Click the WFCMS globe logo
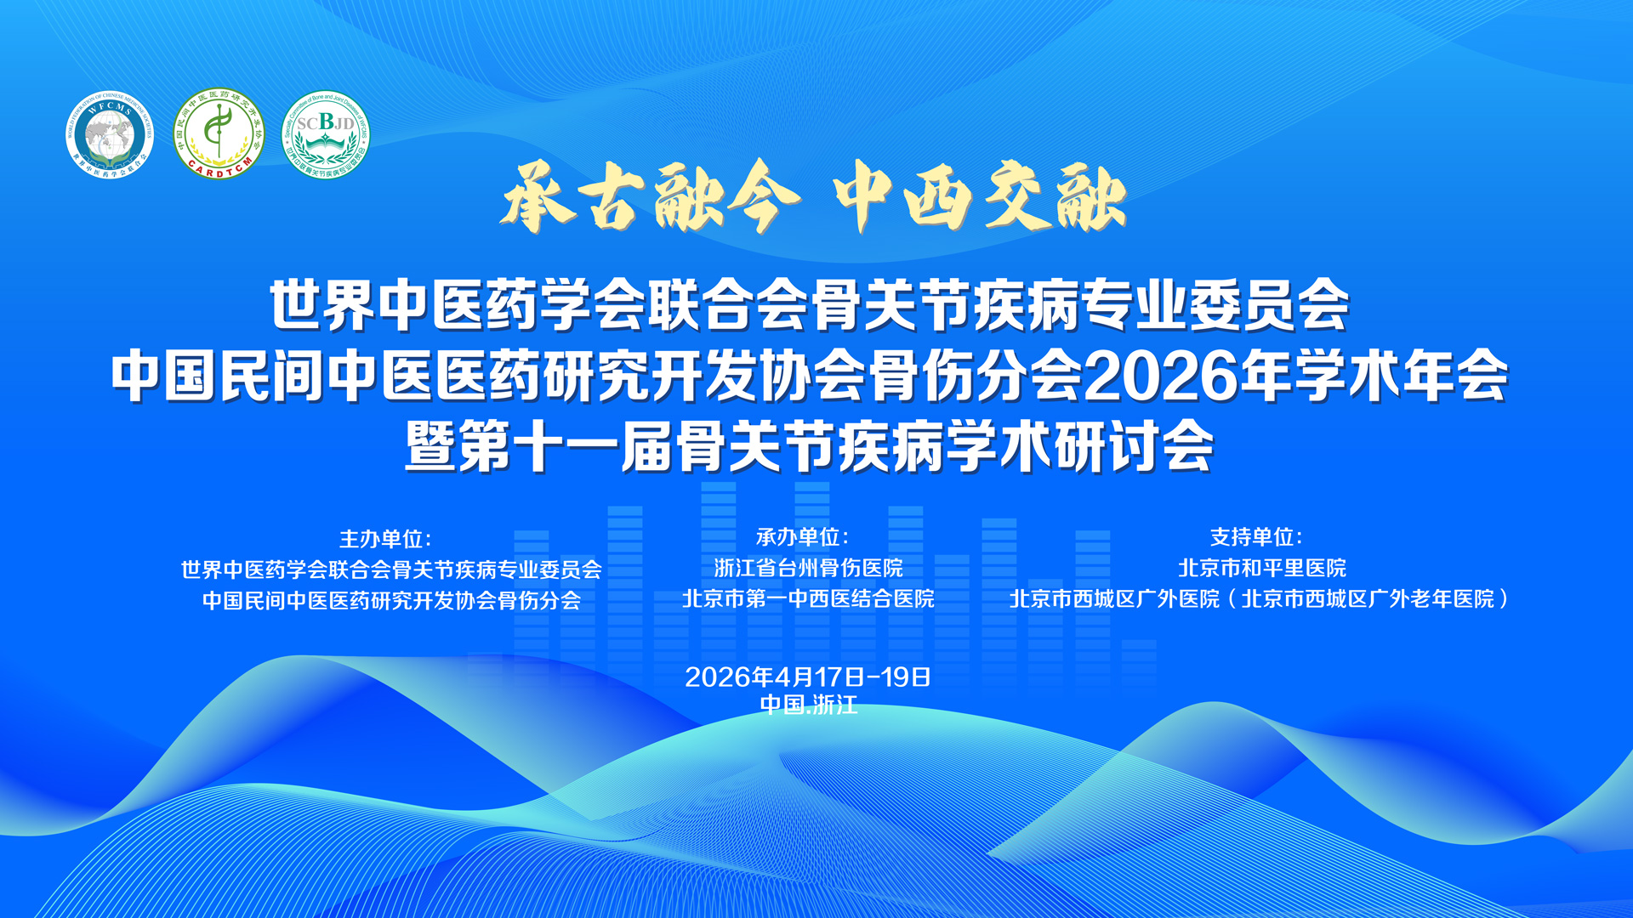coord(110,134)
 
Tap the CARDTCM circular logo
coord(219,134)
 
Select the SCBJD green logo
coord(326,134)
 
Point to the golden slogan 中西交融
coord(980,198)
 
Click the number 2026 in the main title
coord(1161,377)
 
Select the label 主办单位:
coord(385,539)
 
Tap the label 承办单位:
coord(802,537)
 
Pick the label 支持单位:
coord(1256,537)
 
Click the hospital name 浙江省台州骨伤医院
coord(808,568)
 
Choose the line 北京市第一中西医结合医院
coord(808,599)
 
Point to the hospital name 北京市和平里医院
coord(1262,568)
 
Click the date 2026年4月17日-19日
coord(808,677)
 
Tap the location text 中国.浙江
coord(808,705)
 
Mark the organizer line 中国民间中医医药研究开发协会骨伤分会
coord(391,601)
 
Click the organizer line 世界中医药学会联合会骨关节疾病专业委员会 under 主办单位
coord(391,569)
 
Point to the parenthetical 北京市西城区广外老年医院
coord(1367,599)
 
